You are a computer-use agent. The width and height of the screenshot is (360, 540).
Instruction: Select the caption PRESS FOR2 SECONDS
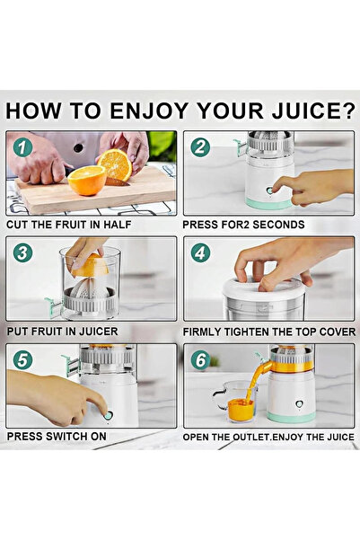point(242,224)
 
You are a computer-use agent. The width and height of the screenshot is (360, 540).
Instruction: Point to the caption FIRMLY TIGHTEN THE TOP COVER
point(268,331)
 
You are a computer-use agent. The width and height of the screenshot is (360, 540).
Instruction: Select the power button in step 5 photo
point(110,415)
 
